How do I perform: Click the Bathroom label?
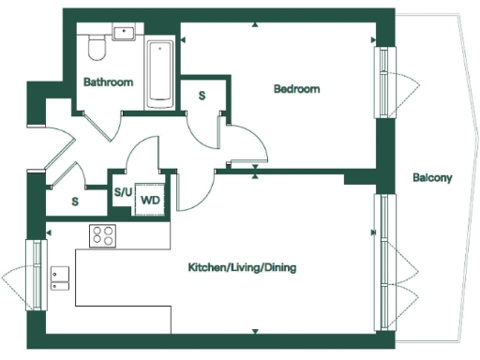108,82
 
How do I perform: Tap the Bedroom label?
296,89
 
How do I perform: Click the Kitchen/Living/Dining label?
242,267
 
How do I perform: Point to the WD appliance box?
150,199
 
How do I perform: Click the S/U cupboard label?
123,193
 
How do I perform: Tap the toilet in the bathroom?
95,47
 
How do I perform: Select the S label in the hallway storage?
74,201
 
